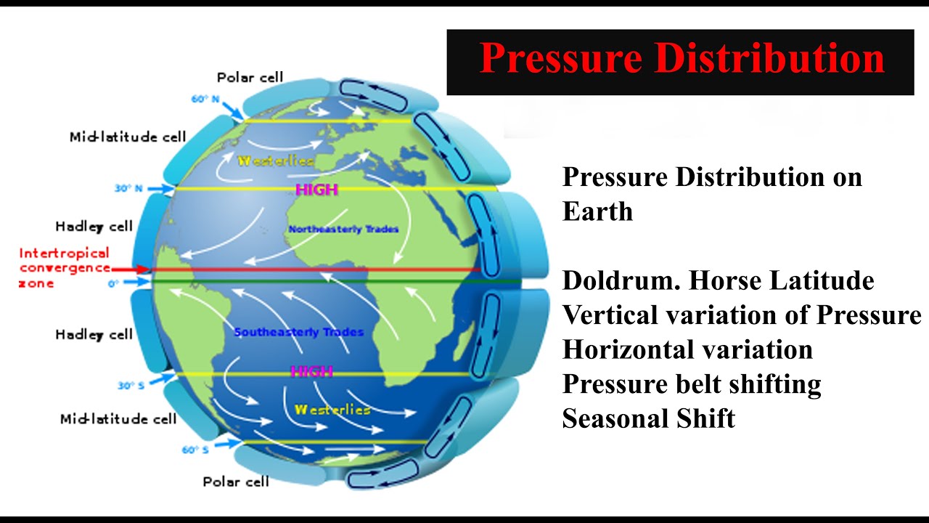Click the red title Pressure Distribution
[x=682, y=60]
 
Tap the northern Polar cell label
[x=250, y=77]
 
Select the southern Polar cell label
[x=236, y=481]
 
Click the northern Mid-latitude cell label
[x=128, y=137]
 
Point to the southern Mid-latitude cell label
[x=118, y=418]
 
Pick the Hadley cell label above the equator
[x=94, y=226]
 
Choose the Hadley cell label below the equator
[x=94, y=334]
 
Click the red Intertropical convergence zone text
[x=64, y=267]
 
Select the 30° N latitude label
[x=128, y=189]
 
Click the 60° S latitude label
[x=195, y=450]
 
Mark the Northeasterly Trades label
[x=343, y=230]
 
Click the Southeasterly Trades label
[x=299, y=333]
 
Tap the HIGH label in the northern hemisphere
[x=316, y=190]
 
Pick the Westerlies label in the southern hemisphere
[x=332, y=410]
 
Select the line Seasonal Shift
[x=648, y=418]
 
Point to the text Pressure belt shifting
[x=691, y=384]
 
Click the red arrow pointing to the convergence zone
[x=131, y=269]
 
